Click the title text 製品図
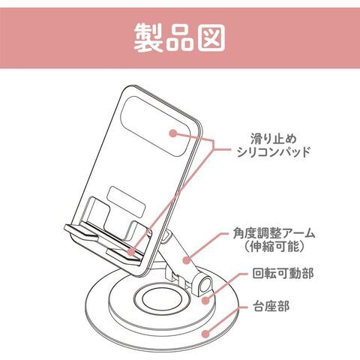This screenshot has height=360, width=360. [179, 38]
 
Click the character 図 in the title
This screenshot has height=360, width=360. [211, 38]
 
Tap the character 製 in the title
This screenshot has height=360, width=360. [148, 38]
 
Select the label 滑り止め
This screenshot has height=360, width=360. [274, 139]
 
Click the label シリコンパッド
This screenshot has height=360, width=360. [274, 152]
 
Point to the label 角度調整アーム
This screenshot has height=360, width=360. [274, 234]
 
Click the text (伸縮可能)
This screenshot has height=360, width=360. [274, 247]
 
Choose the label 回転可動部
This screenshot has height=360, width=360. [283, 273]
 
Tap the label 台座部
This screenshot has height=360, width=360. [271, 306]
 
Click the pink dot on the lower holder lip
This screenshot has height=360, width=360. [130, 251]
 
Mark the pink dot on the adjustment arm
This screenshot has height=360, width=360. [186, 260]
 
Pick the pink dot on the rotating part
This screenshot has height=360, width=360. [205, 300]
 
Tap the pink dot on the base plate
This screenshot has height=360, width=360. [205, 334]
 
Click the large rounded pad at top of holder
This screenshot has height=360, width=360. [154, 127]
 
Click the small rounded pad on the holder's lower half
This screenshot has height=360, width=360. [127, 202]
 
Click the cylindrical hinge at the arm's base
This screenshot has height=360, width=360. [205, 286]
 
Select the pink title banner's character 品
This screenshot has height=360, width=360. [179, 38]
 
